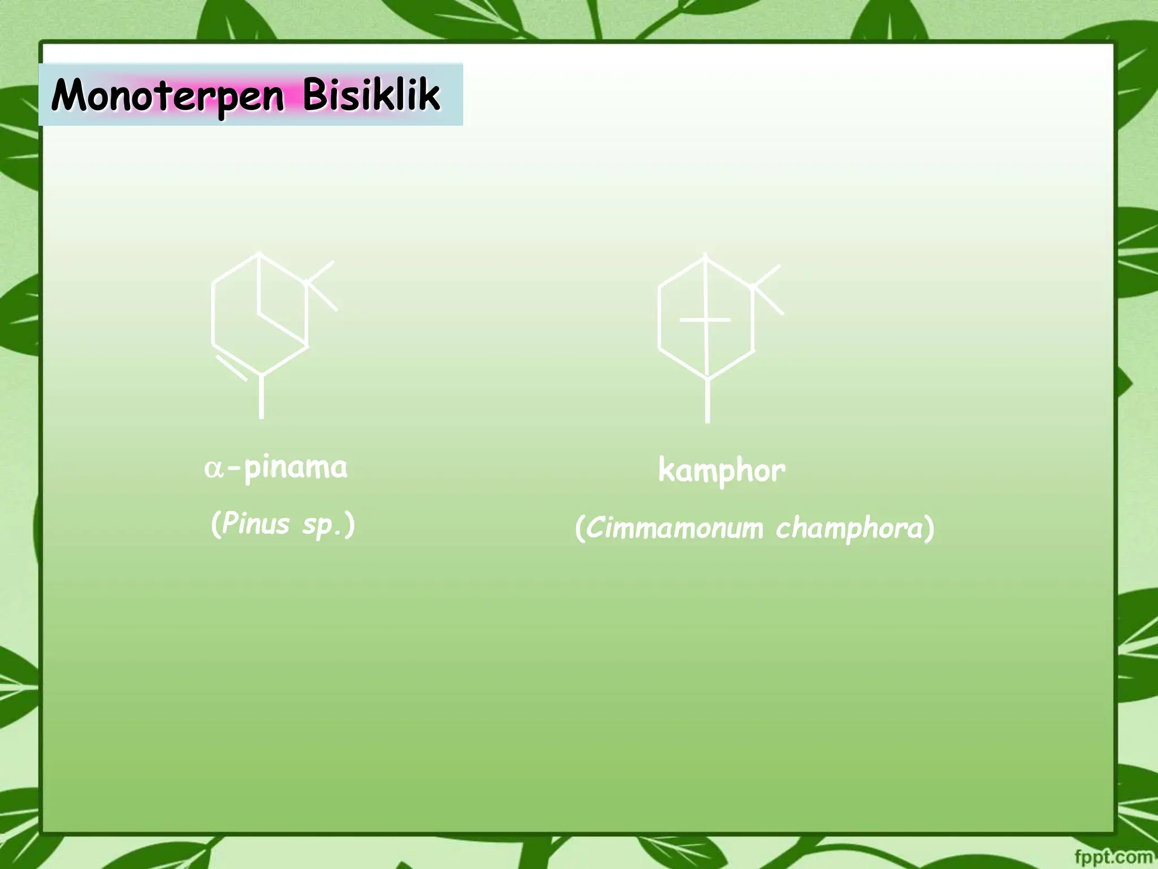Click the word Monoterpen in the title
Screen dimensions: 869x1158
167,95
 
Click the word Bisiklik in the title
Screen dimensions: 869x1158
371,94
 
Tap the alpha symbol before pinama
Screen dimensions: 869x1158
213,469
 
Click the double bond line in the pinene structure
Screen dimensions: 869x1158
231,368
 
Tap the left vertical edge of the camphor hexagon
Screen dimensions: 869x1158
659,317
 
